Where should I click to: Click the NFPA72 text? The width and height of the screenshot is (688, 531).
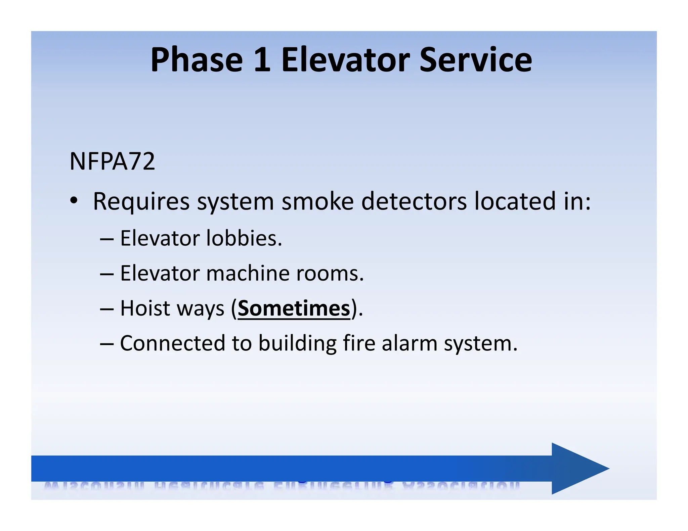(x=112, y=161)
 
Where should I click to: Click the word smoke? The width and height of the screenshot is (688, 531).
(x=317, y=201)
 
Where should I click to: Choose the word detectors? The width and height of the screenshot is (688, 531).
(x=414, y=201)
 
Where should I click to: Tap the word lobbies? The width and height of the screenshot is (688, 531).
(x=244, y=238)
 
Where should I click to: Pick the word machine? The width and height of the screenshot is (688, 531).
(x=248, y=273)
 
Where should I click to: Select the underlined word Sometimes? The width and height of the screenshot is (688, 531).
(x=294, y=308)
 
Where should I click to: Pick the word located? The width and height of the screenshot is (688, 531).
(x=515, y=201)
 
